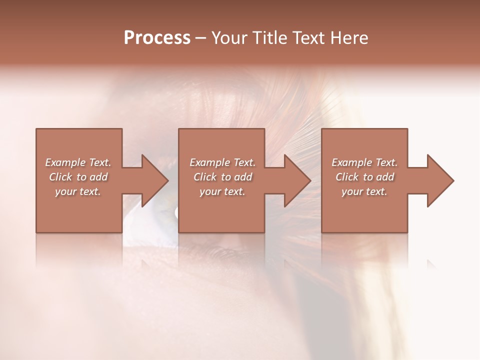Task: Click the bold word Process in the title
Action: [157, 38]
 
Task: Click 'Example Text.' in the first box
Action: [78, 162]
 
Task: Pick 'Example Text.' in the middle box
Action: [222, 162]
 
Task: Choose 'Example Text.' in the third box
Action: [364, 162]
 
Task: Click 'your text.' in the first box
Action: [78, 191]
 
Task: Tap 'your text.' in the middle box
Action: [222, 191]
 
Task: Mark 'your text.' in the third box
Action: [364, 191]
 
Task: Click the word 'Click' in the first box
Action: [60, 177]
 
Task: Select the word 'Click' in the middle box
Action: [204, 177]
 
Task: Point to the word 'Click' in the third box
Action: [346, 177]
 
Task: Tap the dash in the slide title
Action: [200, 38]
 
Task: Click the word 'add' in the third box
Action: [385, 177]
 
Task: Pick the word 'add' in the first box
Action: [98, 177]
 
